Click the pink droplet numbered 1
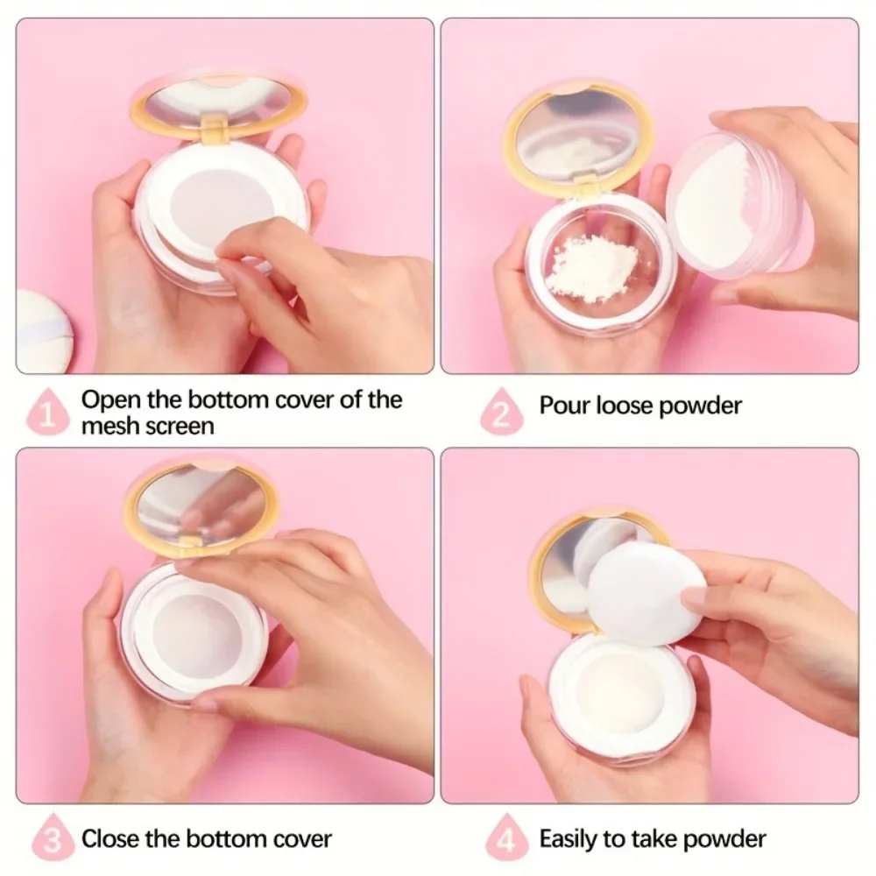point(48,412)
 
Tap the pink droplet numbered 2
point(502,412)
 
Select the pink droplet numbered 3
point(53,838)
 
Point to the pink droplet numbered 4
point(506,838)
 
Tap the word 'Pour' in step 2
point(565,405)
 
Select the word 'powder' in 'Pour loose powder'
point(700,406)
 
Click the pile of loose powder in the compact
point(591,267)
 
